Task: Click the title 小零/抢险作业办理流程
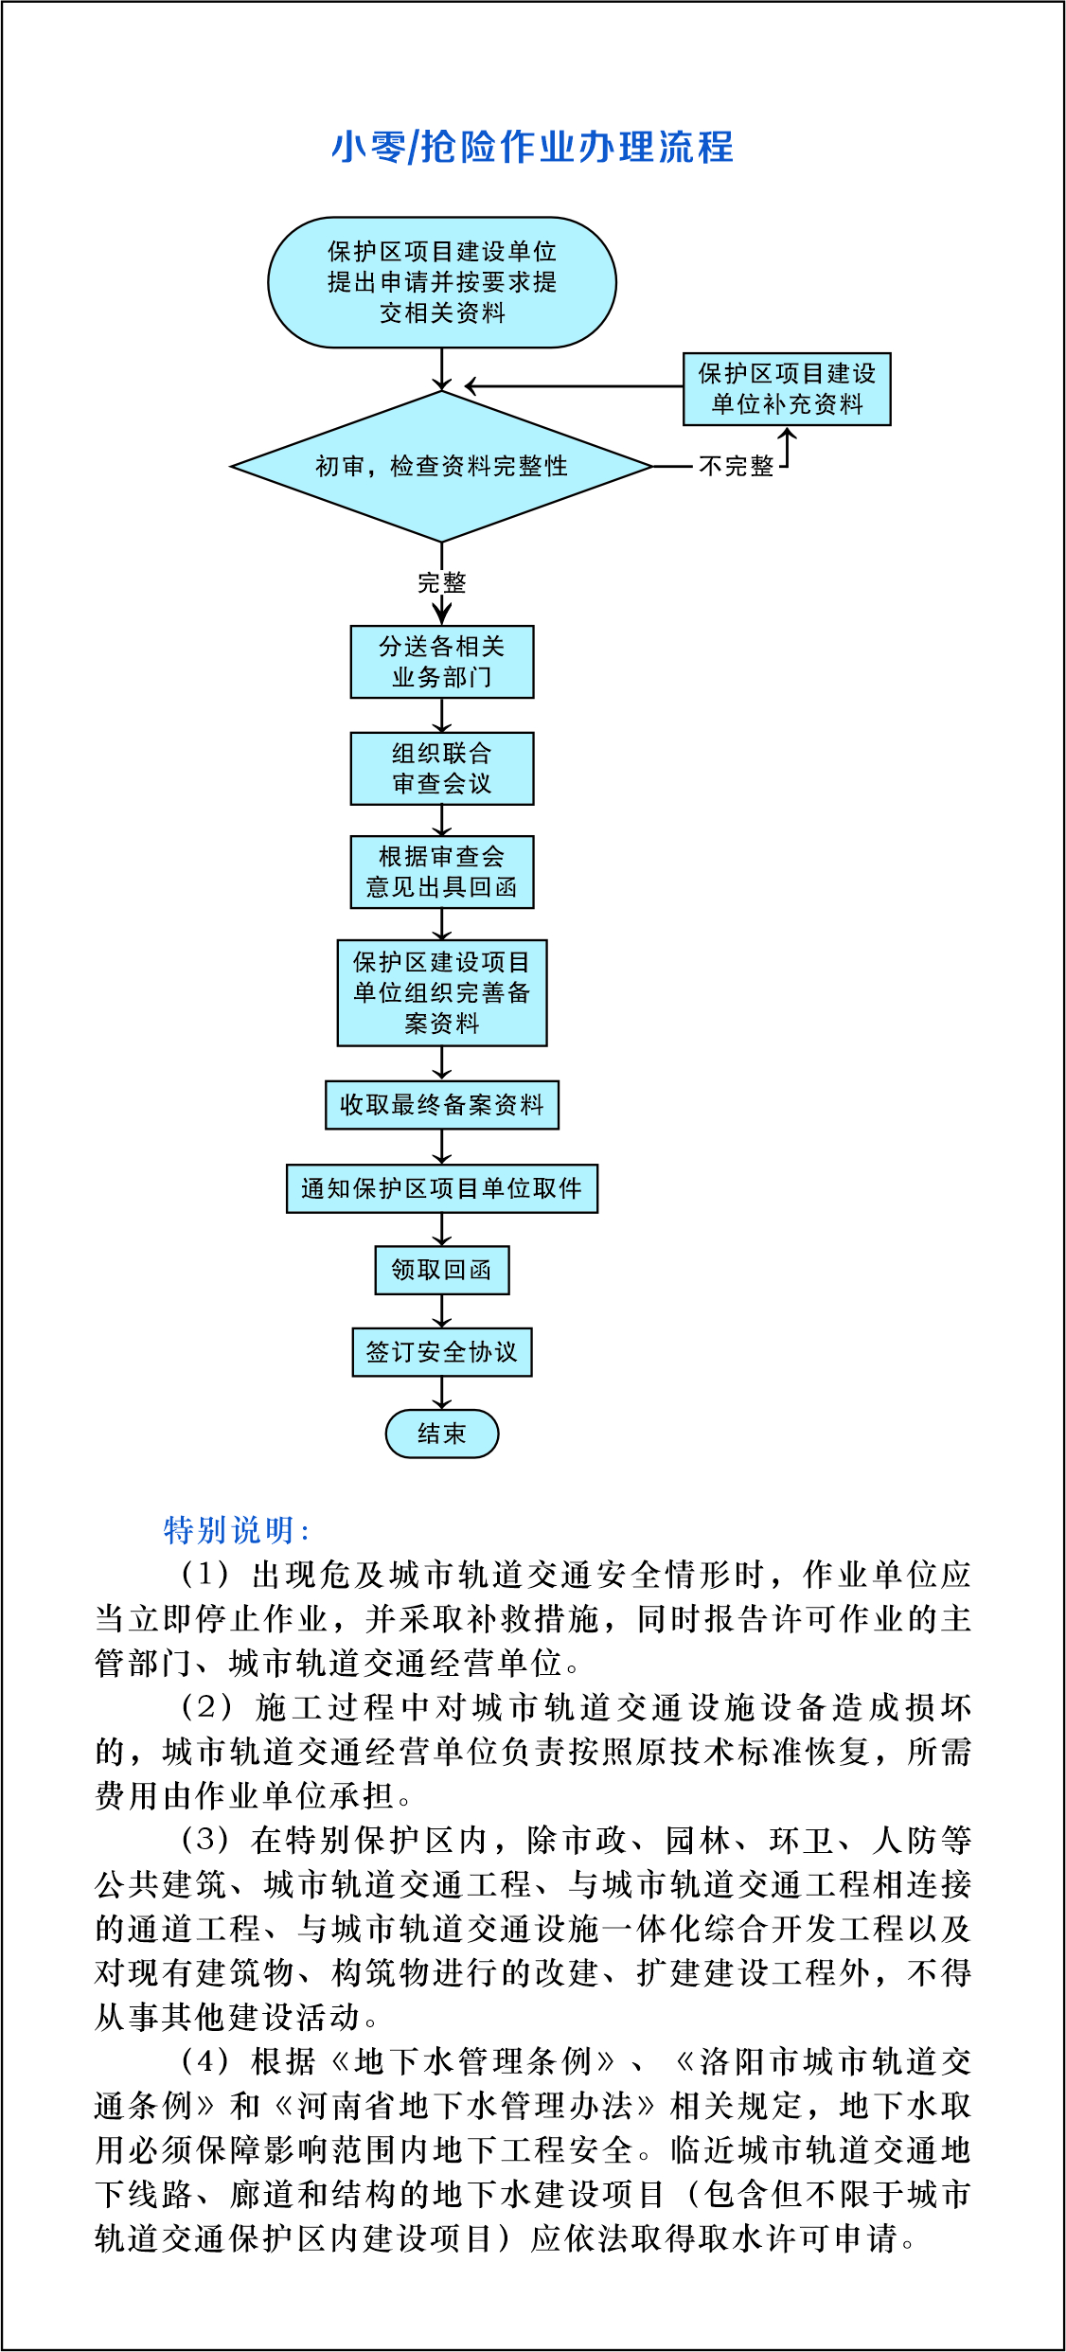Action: click(x=532, y=147)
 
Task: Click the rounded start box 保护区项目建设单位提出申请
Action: click(x=442, y=282)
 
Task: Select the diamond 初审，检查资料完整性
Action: click(x=442, y=466)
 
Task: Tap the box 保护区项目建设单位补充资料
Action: click(x=787, y=388)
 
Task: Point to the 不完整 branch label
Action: click(x=737, y=466)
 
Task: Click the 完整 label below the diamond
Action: click(x=442, y=582)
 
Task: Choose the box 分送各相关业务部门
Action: click(x=442, y=662)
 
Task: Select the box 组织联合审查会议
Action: click(x=442, y=768)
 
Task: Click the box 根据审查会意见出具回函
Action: click(x=442, y=872)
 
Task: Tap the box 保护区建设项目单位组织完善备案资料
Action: click(x=442, y=992)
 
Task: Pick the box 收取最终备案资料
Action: click(x=442, y=1105)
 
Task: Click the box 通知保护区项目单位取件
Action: click(x=442, y=1188)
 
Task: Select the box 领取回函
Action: click(x=442, y=1270)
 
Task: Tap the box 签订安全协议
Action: click(x=442, y=1352)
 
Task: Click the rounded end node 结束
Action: click(x=442, y=1434)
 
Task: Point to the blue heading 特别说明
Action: click(x=236, y=1530)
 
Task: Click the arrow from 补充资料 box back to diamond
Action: click(x=574, y=386)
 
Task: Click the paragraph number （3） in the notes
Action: click(x=205, y=1840)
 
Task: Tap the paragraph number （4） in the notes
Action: click(x=205, y=2061)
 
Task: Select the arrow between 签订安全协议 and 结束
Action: click(x=442, y=1393)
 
